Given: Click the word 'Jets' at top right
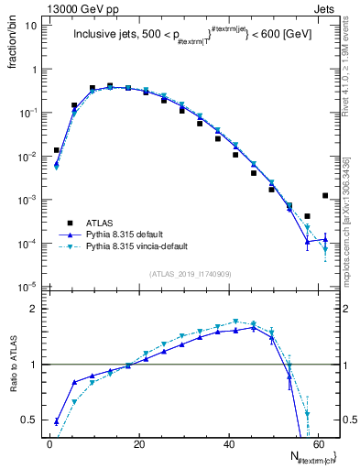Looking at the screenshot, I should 325,8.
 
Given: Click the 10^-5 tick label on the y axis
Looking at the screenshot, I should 28,287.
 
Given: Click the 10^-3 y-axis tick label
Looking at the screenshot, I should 28,200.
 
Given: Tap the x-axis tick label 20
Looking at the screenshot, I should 138,444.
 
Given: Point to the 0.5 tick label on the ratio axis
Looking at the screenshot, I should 30,420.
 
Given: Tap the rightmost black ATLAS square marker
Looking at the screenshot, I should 325,195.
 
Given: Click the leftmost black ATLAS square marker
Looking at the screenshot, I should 57,149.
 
